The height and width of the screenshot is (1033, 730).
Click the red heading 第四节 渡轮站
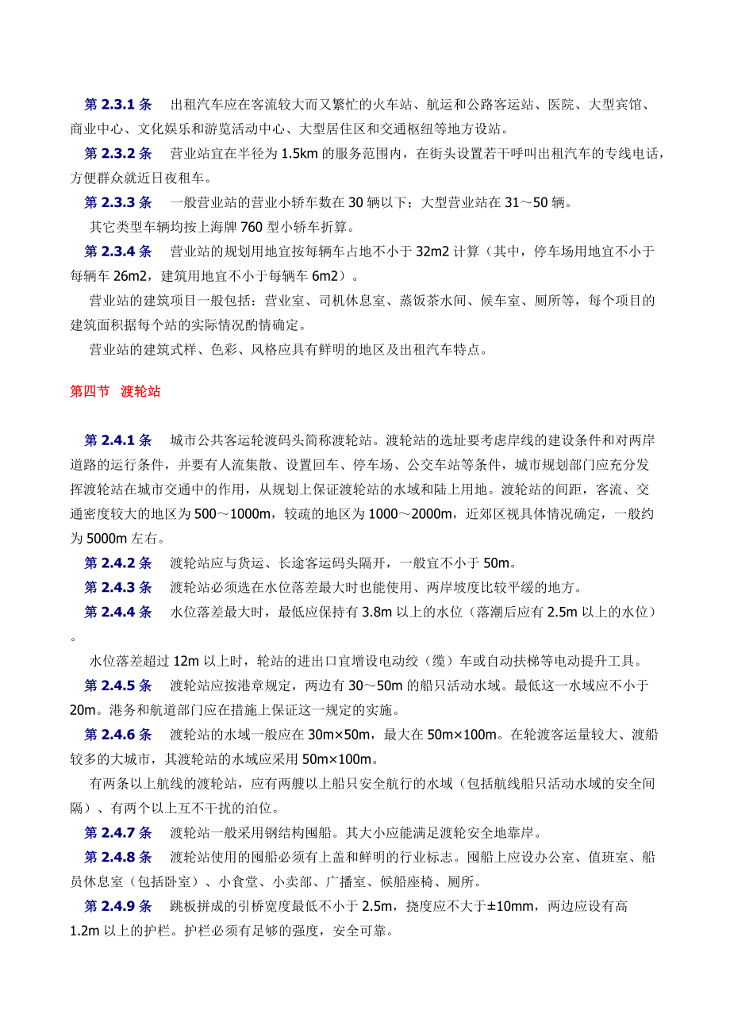tap(115, 391)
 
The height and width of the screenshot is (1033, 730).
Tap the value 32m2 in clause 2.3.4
tap(432, 252)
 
